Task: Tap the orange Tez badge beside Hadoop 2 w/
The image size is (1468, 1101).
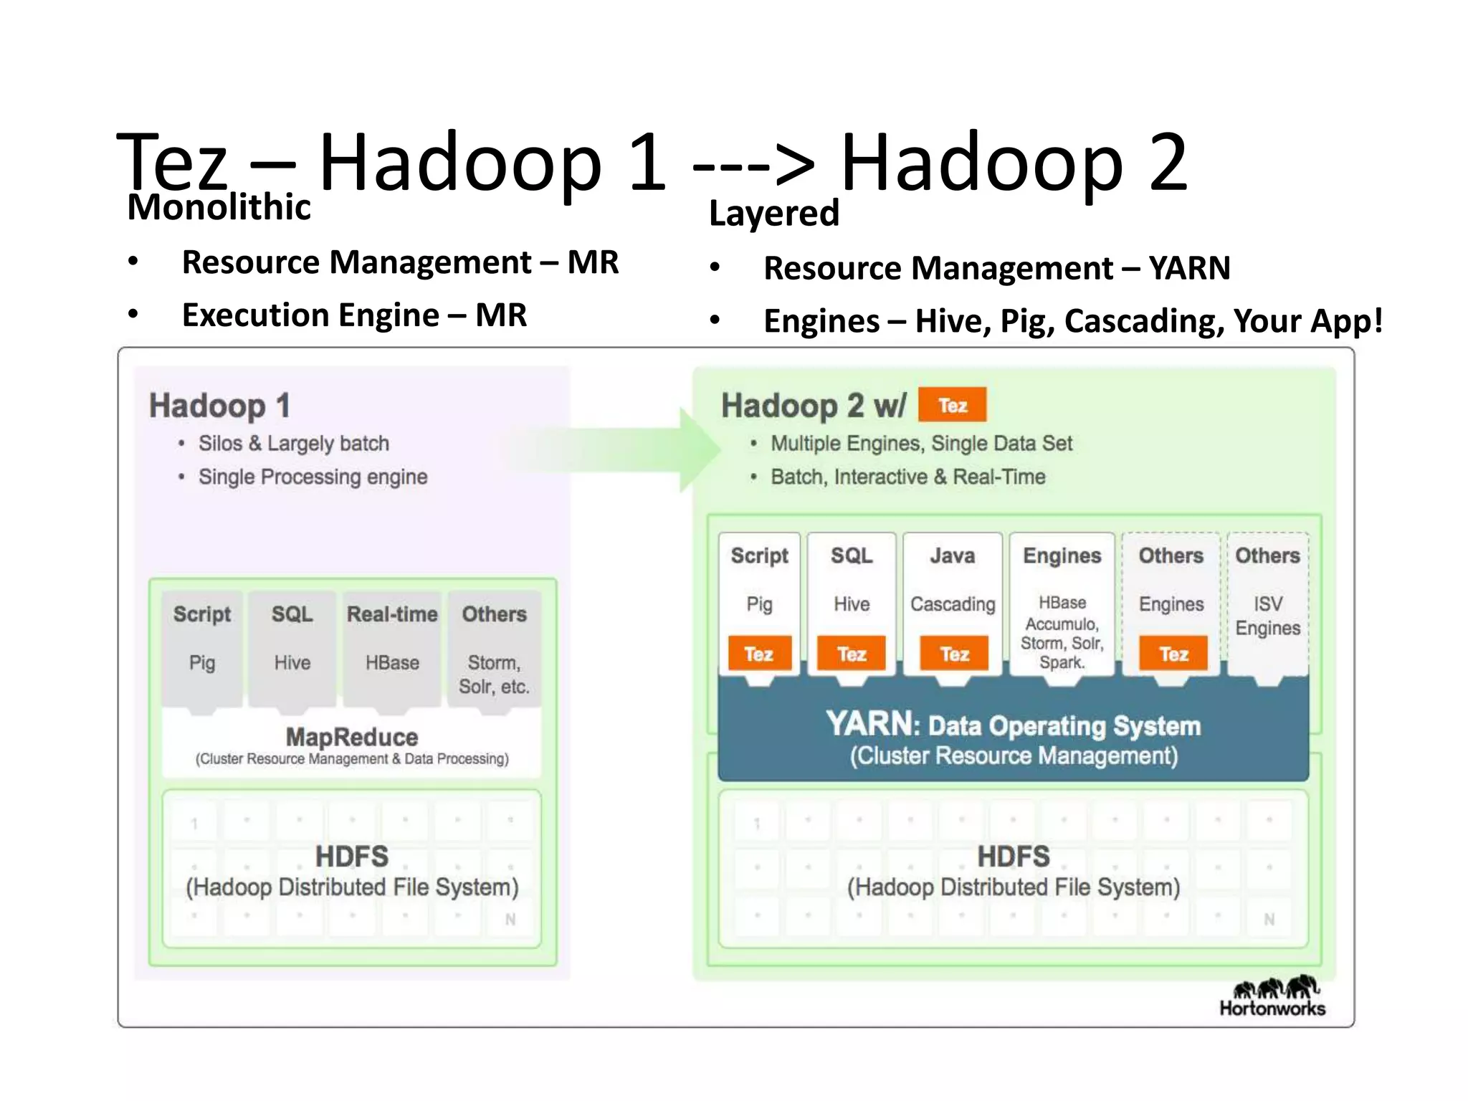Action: [x=952, y=406]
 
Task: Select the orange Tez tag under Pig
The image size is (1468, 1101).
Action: [x=759, y=654]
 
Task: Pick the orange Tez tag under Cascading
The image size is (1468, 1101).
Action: [x=954, y=654]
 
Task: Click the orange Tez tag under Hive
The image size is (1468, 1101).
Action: [x=852, y=654]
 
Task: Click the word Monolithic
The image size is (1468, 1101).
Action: [x=219, y=207]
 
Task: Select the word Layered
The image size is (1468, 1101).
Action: [x=773, y=213]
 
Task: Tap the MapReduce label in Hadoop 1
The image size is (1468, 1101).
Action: [x=351, y=737]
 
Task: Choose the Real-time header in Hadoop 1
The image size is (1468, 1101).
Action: [x=392, y=614]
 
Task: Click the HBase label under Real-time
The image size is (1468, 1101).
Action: [x=392, y=663]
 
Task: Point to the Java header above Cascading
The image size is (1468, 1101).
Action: [x=952, y=556]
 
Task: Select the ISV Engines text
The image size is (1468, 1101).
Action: [x=1267, y=616]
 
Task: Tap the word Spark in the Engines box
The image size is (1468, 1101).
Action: [x=1061, y=663]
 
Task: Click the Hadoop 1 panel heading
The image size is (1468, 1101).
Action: [x=219, y=406]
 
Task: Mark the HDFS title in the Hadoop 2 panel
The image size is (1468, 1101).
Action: [x=1013, y=857]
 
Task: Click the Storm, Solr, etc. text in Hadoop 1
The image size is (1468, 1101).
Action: [x=494, y=675]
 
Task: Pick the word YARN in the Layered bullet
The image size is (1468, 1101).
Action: [x=1189, y=269]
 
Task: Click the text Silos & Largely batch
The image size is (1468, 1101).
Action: [x=294, y=444]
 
